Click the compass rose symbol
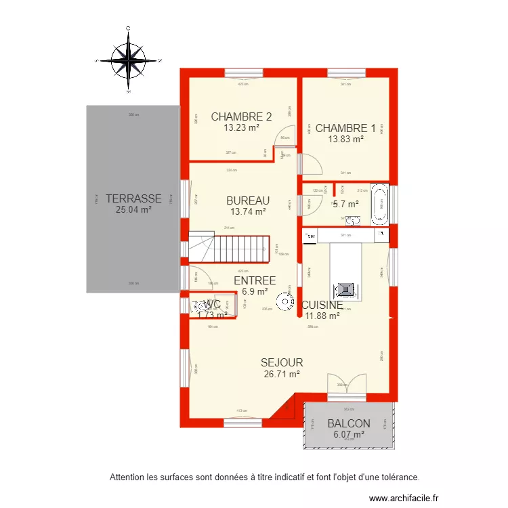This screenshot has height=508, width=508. pos(129,60)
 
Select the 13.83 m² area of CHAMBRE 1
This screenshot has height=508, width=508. pos(345,139)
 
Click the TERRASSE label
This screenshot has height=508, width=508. pos(133,198)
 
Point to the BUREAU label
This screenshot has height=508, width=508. pos(248,200)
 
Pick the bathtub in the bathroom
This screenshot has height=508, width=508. pos(379,203)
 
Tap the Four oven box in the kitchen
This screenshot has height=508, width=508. pos(310,236)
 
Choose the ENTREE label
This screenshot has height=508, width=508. pos(254,280)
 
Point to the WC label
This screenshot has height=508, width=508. pos(212,305)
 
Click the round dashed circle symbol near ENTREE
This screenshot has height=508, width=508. pos(286,299)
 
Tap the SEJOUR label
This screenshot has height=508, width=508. pos(282,362)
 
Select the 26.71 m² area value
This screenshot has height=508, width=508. pos(282,373)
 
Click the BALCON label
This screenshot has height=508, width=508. pos(348,423)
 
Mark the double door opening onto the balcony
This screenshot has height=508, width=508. pos(346,384)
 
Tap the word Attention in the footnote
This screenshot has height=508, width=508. pos(128,477)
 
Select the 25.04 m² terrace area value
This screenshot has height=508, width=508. pos(133,209)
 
